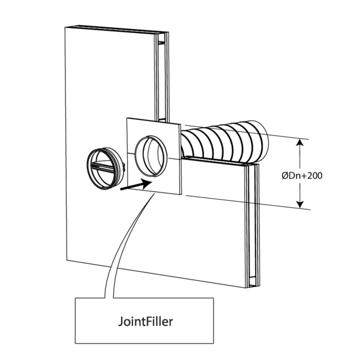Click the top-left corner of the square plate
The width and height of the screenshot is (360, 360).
127,119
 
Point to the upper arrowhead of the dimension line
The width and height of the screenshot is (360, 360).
299,142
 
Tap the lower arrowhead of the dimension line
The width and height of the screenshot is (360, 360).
299,205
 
